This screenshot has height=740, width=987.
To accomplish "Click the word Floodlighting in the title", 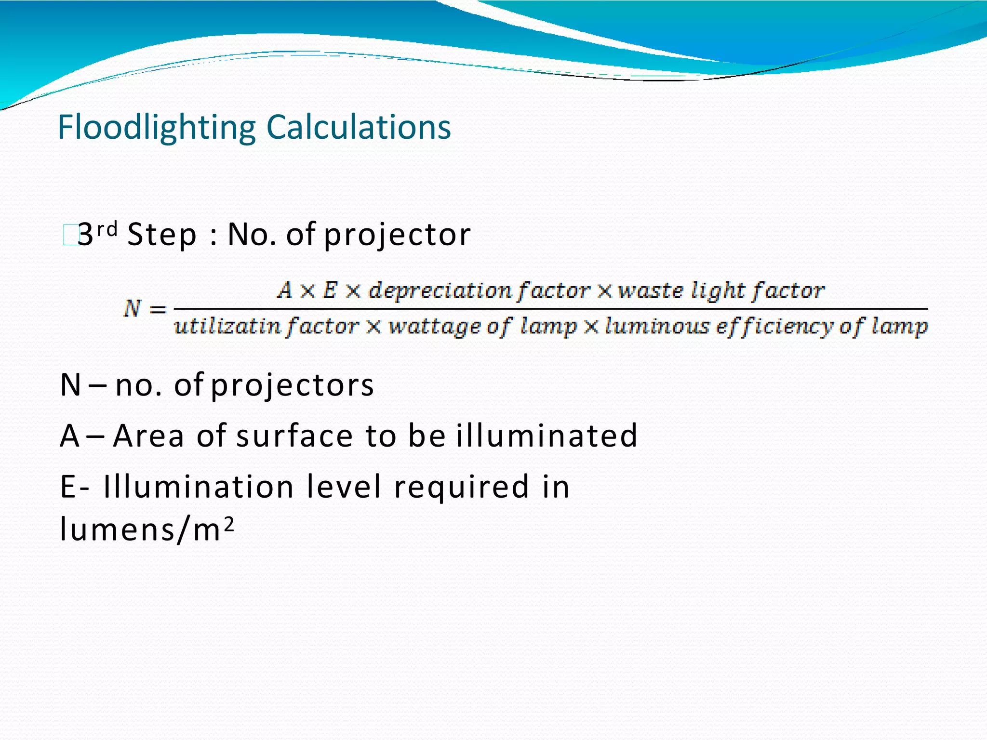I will click(x=156, y=128).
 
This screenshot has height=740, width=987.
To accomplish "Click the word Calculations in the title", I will click(x=359, y=128).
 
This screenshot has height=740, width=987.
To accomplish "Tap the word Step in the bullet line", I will click(x=162, y=235).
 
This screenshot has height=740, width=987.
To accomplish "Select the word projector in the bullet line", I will click(x=397, y=235).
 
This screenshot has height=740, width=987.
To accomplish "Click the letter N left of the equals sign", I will click(x=131, y=308).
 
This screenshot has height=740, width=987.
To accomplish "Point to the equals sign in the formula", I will click(x=157, y=309).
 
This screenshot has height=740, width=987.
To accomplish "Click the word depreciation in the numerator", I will click(x=440, y=291).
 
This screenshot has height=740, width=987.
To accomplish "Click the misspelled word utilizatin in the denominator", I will click(x=227, y=327).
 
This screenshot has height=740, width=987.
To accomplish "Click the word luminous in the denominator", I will click(x=657, y=327).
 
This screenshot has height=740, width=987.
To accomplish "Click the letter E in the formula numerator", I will click(x=330, y=290).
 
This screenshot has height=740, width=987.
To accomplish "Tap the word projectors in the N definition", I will click(x=293, y=385).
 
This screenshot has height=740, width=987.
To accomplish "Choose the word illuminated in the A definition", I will click(x=547, y=436).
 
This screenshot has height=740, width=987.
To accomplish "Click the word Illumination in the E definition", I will click(x=199, y=487).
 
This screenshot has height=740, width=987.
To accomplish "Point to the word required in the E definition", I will click(x=462, y=487).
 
